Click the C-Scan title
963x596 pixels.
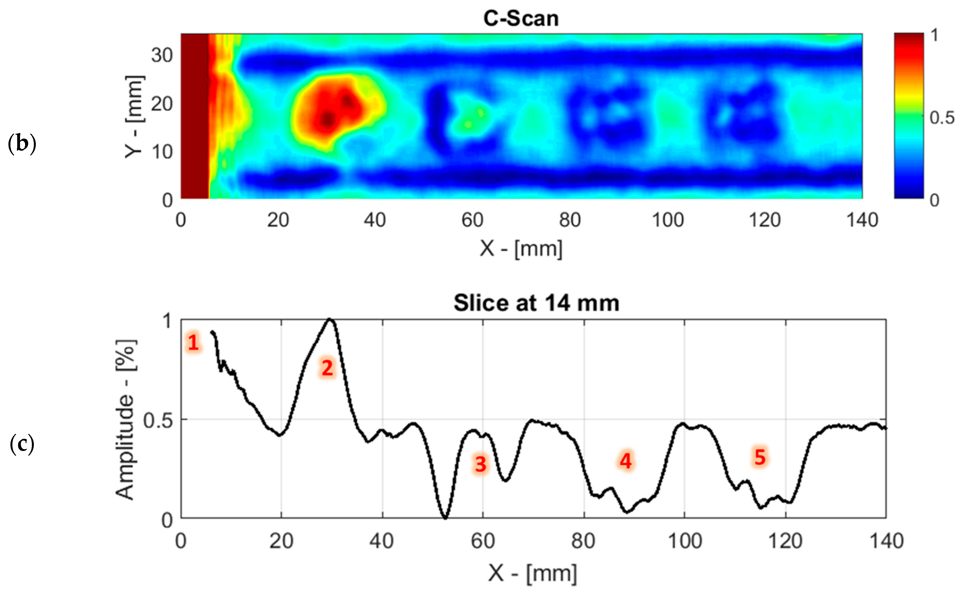pyautogui.click(x=521, y=19)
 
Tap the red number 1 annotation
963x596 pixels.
pyautogui.click(x=193, y=342)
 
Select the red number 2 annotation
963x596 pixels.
pyautogui.click(x=327, y=368)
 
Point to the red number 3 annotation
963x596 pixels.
pyautogui.click(x=480, y=464)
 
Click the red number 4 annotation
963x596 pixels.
pyautogui.click(x=625, y=461)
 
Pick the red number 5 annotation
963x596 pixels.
pyautogui.click(x=760, y=457)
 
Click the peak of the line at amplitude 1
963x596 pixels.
pyautogui.click(x=330, y=319)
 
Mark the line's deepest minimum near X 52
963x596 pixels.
pyautogui.click(x=445, y=518)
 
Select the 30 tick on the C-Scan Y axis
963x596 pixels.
pyautogui.click(x=162, y=55)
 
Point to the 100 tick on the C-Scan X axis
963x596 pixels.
pyautogui.click(x=668, y=220)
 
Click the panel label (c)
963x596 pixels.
pyautogui.click(x=22, y=444)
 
